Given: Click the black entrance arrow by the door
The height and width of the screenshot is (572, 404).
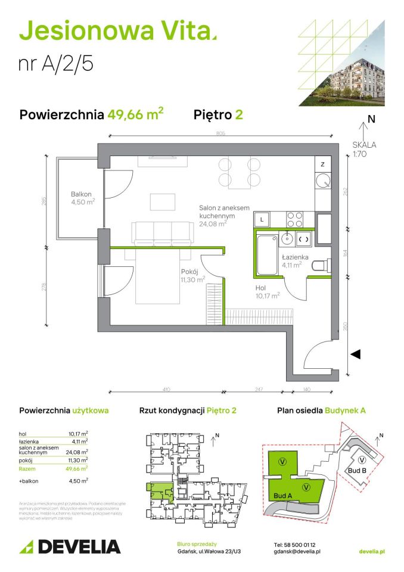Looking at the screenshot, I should click(x=355, y=355).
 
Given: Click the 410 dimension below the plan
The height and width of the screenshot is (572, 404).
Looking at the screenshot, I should click(x=166, y=389).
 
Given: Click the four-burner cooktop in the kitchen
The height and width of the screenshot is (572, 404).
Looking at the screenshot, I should click(x=294, y=219).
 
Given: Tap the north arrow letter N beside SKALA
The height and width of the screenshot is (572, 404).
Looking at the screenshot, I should click(x=371, y=119).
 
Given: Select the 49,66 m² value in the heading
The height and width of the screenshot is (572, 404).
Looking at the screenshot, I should click(x=135, y=114).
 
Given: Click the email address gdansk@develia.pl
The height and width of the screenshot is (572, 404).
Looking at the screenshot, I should click(x=297, y=552).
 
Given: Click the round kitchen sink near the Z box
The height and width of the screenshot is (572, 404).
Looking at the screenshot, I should click(x=322, y=181).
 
